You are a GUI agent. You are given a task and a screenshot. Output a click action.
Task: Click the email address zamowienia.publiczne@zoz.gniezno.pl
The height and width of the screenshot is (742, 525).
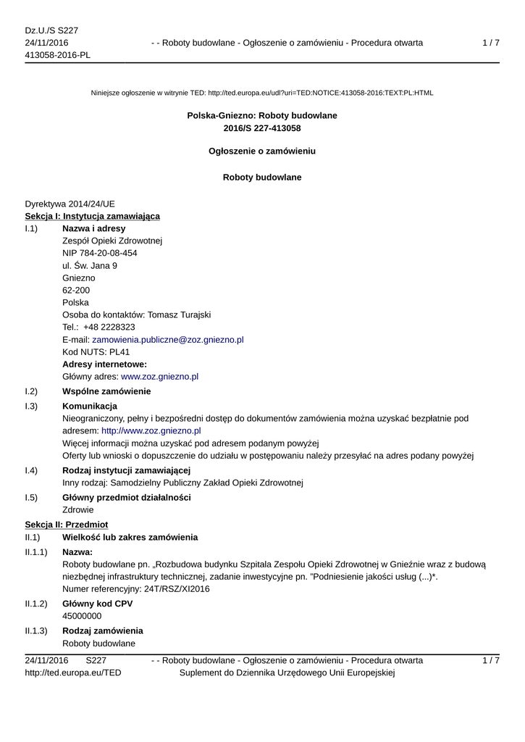[x=167, y=339]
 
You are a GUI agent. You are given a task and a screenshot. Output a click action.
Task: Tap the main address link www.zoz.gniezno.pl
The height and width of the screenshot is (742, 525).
[x=159, y=377]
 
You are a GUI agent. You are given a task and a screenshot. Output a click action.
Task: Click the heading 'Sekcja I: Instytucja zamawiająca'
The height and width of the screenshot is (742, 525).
[x=93, y=216]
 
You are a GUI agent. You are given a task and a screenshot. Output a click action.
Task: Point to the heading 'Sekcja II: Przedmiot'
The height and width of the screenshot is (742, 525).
[x=67, y=524]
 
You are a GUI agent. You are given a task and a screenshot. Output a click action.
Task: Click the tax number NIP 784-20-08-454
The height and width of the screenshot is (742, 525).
[x=100, y=253]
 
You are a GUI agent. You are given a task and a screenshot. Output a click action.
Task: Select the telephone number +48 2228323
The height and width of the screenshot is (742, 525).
[x=109, y=327]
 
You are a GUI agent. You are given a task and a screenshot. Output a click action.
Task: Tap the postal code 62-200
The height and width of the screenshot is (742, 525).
[x=76, y=290]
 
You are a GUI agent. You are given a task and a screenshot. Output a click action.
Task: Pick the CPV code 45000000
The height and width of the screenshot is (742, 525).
[x=82, y=616]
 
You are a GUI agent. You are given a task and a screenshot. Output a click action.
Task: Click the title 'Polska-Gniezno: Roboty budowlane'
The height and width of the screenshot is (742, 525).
[x=262, y=115]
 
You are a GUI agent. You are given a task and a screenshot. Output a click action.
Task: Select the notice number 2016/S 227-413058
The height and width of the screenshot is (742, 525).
[x=262, y=128]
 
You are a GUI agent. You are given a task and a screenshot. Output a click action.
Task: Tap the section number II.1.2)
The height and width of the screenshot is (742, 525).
[x=36, y=604]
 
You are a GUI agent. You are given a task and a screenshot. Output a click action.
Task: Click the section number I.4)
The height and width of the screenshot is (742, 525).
[x=31, y=471]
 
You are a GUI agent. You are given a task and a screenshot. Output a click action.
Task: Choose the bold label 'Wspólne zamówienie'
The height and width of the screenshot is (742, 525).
[x=106, y=391]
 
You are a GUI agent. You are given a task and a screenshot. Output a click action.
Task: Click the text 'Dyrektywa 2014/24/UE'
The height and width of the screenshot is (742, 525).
[x=70, y=204]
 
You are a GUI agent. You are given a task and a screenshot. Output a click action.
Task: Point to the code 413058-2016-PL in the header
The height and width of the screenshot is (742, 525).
[x=58, y=55]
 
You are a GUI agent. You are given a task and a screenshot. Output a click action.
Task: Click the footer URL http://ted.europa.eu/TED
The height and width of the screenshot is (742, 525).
[x=73, y=673]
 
